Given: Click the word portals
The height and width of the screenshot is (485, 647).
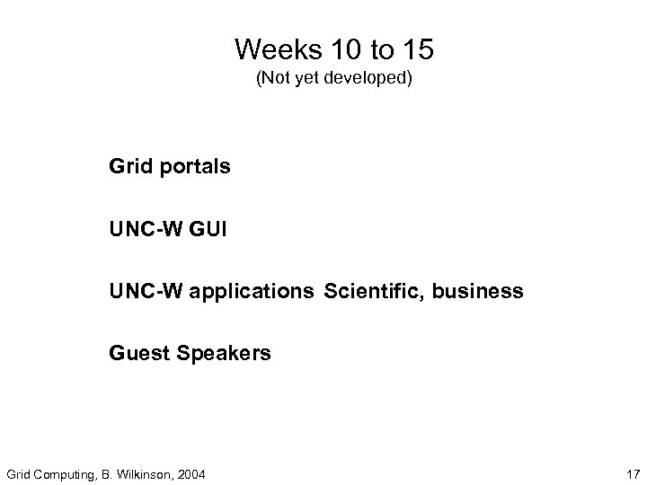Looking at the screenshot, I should (x=195, y=168).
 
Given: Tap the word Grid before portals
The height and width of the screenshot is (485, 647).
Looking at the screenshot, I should (x=129, y=167).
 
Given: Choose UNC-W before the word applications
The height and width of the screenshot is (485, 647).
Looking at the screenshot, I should (x=143, y=292).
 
